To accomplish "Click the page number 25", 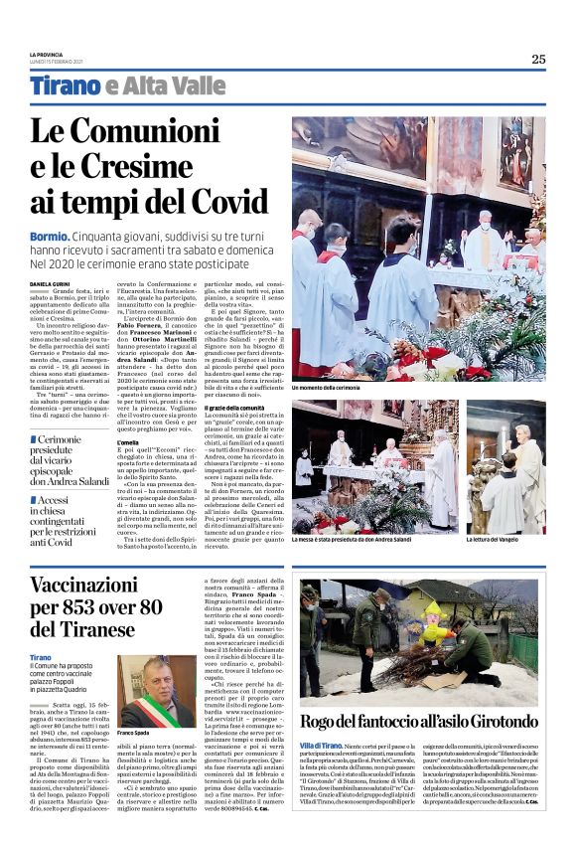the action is coord(537,59).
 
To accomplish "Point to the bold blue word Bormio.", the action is coord(49,235).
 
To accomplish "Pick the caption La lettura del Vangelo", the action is coord(496,539).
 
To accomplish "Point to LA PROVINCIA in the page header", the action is coord(47,54).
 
